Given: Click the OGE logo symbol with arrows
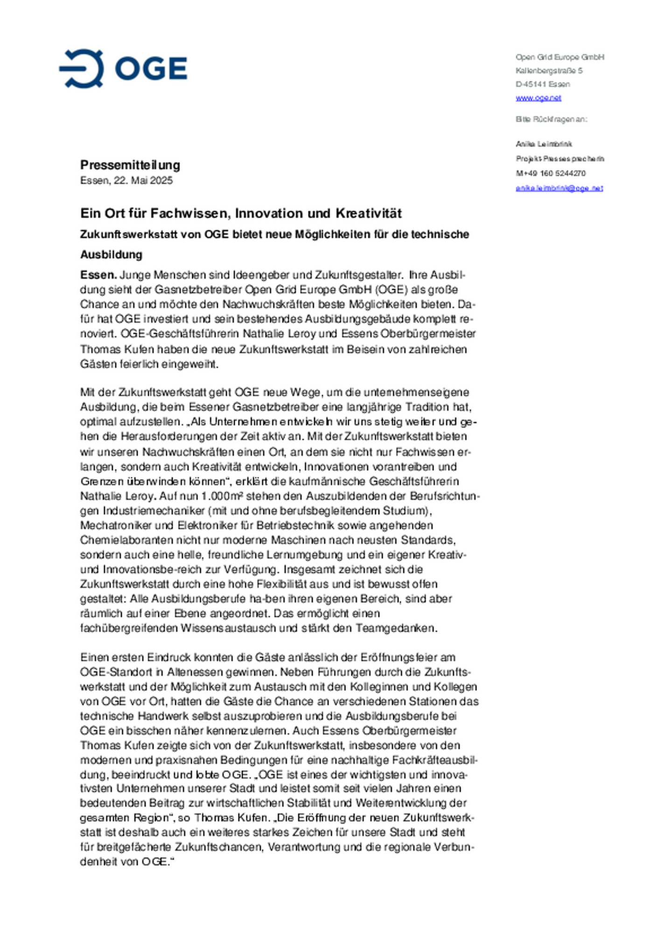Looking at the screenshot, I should [x=82, y=68].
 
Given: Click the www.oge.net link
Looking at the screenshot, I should [x=538, y=98].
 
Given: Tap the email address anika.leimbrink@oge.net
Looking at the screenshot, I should [x=559, y=188].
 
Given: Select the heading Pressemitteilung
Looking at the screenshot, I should [x=130, y=165].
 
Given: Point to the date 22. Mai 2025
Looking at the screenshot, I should [x=143, y=180].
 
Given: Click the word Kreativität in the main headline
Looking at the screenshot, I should [x=369, y=213].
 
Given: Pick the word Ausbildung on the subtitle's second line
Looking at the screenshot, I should [x=111, y=255].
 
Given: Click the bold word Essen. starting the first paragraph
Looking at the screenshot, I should [x=98, y=275].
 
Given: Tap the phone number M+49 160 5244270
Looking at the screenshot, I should [x=550, y=173].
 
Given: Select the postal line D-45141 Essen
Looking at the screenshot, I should [x=542, y=84].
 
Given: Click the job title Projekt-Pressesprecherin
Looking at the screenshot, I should [x=560, y=159].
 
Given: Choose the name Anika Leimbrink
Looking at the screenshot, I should [x=544, y=144].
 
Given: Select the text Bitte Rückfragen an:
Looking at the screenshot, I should [x=551, y=119].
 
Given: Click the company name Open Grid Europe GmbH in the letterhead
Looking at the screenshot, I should [x=560, y=57].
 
